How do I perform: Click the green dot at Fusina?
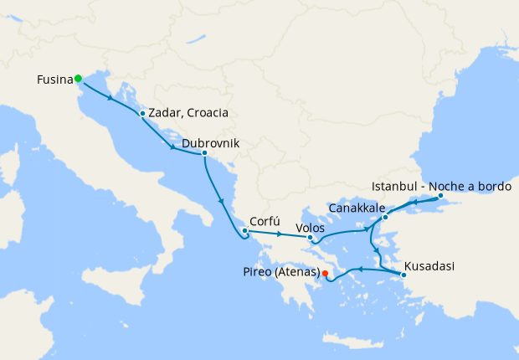[x=78, y=79]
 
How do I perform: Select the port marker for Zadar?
[x=143, y=114]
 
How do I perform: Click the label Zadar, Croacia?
[x=188, y=114]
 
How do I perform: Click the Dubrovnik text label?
[x=210, y=143]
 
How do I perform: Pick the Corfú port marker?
[x=244, y=231]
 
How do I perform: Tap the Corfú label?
[x=265, y=224]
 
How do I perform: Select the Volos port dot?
[x=311, y=238]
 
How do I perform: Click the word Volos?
[x=311, y=227]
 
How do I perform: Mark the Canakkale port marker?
[x=385, y=218]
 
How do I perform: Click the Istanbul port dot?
[x=441, y=197]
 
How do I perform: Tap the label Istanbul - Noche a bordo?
[x=440, y=187]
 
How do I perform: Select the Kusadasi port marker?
[x=403, y=274]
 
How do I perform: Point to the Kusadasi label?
[x=429, y=266]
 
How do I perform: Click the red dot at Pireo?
[x=325, y=272]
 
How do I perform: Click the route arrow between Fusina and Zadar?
[x=110, y=98]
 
